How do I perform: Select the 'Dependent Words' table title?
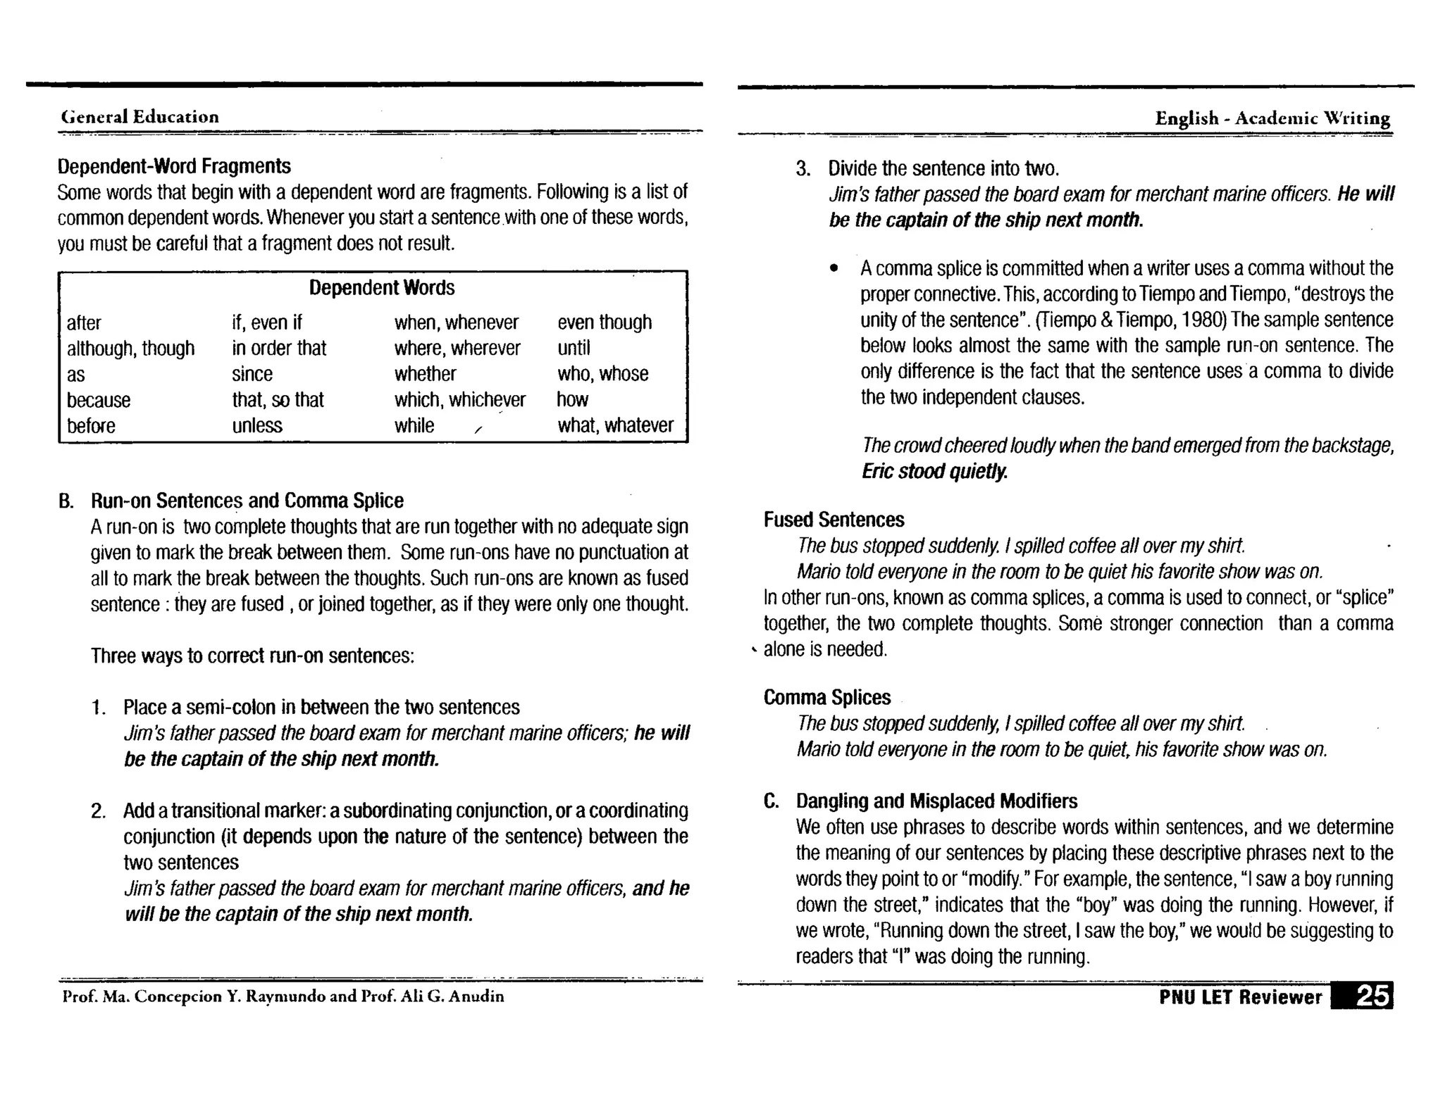pyautogui.click(x=382, y=287)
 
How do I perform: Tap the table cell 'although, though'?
pyautogui.click(x=130, y=349)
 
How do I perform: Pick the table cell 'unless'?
pyautogui.click(x=257, y=425)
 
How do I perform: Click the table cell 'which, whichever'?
pyautogui.click(x=459, y=400)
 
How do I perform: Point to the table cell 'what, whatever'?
pyautogui.click(x=615, y=425)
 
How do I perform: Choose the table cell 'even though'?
pyautogui.click(x=605, y=323)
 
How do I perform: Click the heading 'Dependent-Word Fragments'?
pyautogui.click(x=174, y=166)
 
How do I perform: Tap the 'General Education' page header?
pyautogui.click(x=140, y=117)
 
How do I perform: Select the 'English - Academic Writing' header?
pyautogui.click(x=1272, y=118)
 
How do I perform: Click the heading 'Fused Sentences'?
pyautogui.click(x=834, y=520)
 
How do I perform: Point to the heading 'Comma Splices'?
pyautogui.click(x=827, y=697)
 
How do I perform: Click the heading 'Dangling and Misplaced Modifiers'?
pyautogui.click(x=936, y=801)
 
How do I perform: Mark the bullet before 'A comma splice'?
pyautogui.click(x=834, y=269)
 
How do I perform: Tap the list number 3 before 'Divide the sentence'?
pyautogui.click(x=803, y=169)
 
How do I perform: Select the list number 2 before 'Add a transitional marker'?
pyautogui.click(x=99, y=811)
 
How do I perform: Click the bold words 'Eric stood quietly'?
pyautogui.click(x=934, y=471)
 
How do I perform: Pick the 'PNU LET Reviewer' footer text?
pyautogui.click(x=1240, y=997)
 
